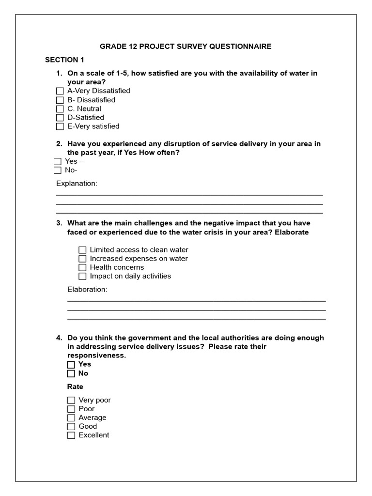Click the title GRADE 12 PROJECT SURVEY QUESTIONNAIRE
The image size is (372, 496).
(186, 46)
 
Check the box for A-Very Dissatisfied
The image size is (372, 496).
(60, 91)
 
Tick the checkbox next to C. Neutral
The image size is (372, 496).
(60, 109)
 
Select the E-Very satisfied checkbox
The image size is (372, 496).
(60, 126)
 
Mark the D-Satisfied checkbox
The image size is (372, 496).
(60, 118)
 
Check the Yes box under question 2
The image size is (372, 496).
(58, 161)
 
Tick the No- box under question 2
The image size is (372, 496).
(58, 170)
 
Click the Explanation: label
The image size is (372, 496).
(77, 184)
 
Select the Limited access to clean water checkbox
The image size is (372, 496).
(82, 250)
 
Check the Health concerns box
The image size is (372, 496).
(82, 267)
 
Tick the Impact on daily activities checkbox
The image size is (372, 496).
(82, 276)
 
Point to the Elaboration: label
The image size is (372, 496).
(87, 290)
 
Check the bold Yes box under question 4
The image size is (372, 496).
(71, 364)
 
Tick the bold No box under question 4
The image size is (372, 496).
(71, 373)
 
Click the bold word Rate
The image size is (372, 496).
(75, 387)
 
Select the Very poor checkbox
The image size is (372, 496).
(71, 400)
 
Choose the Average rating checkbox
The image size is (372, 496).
(71, 418)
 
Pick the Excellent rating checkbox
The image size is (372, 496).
(71, 435)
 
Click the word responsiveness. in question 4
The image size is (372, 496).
(96, 356)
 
